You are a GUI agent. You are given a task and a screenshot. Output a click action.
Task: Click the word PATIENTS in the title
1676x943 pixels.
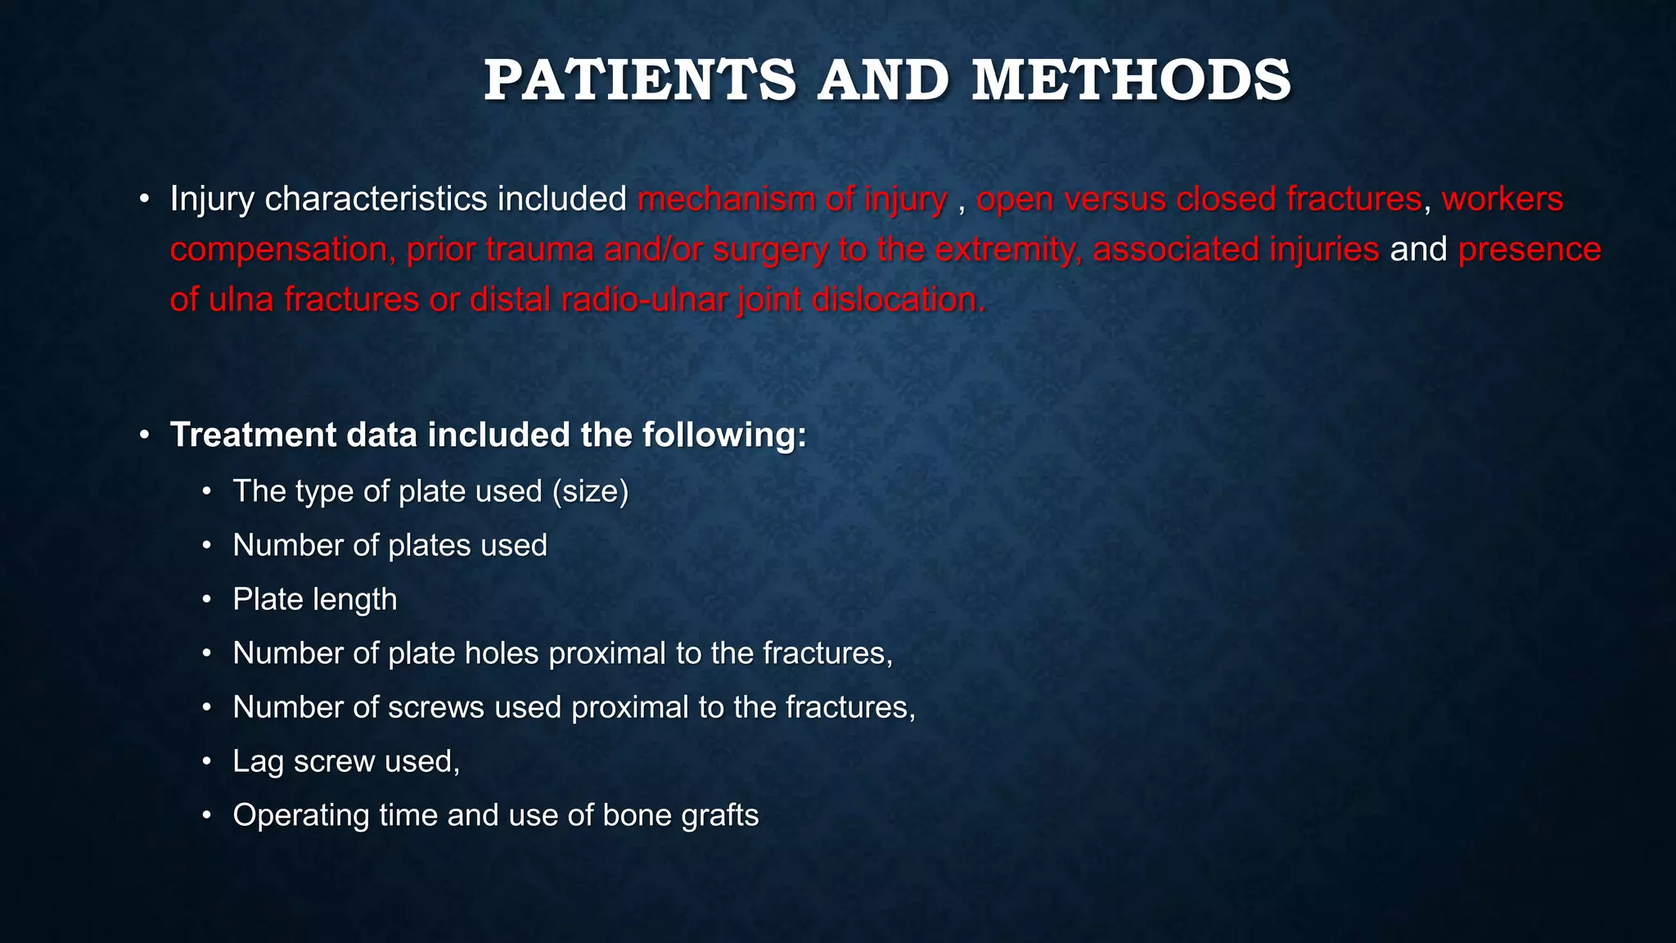tap(639, 81)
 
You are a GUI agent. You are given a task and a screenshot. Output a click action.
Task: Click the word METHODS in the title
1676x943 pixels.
tap(1131, 81)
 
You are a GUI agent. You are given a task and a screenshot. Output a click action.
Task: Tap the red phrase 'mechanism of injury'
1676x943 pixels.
tap(792, 200)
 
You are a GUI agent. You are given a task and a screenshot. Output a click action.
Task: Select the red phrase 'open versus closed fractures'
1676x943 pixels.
tap(1199, 200)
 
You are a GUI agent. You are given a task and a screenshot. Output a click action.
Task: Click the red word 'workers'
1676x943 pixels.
tap(1503, 200)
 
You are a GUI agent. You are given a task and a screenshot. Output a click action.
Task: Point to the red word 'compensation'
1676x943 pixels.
tap(278, 250)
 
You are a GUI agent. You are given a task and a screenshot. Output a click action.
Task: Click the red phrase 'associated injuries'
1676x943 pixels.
tap(1236, 250)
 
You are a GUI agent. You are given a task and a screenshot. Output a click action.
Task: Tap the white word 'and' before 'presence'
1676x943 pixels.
tap(1419, 250)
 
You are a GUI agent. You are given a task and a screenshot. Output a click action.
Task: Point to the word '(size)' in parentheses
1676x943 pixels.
tap(590, 491)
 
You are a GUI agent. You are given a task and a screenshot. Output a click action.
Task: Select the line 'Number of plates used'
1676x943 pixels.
tap(390, 545)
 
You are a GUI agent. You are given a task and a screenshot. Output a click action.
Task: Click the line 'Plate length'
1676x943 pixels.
tap(314, 599)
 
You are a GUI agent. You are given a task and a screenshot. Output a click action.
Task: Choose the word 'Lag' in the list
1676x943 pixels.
tap(258, 761)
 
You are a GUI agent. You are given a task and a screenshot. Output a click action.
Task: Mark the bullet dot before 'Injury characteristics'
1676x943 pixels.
tap(144, 200)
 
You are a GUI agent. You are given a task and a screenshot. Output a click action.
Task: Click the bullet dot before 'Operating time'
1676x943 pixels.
tap(207, 815)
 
